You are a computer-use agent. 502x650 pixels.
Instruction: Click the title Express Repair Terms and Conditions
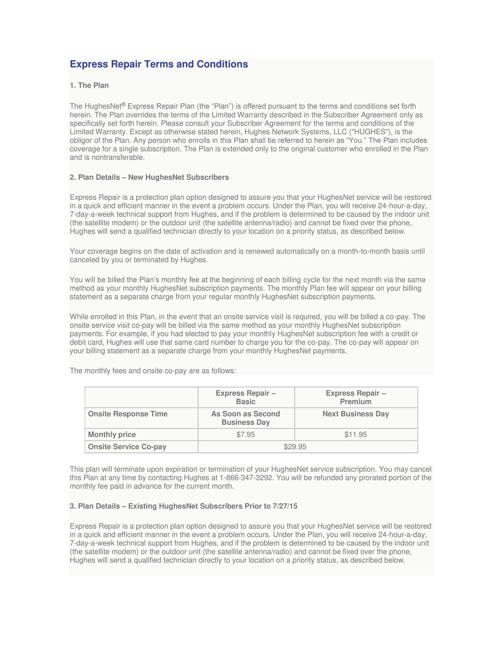point(159,64)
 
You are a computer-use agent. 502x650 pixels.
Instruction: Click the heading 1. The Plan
point(89,85)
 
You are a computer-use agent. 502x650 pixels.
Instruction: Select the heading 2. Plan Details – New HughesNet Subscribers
point(149,177)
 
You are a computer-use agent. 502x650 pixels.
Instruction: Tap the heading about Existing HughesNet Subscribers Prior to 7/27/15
point(184,506)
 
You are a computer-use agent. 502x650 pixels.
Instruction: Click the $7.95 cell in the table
point(246,435)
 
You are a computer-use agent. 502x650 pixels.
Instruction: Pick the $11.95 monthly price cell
point(356,435)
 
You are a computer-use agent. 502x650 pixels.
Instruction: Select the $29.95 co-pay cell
point(295,447)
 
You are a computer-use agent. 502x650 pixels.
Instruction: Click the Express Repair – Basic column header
point(246,397)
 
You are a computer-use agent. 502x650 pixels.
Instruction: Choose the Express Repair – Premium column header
point(356,397)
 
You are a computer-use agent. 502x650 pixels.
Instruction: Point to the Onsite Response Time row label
point(127,414)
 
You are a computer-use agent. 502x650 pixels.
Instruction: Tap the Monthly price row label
point(112,435)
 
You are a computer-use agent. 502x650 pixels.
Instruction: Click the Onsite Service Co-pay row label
point(127,447)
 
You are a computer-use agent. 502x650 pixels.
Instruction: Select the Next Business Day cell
point(356,414)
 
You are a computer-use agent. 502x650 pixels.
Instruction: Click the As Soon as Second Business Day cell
point(246,418)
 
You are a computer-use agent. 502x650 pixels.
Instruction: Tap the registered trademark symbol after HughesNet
point(124,104)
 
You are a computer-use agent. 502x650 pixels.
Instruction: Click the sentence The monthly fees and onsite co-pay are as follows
point(153,371)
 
